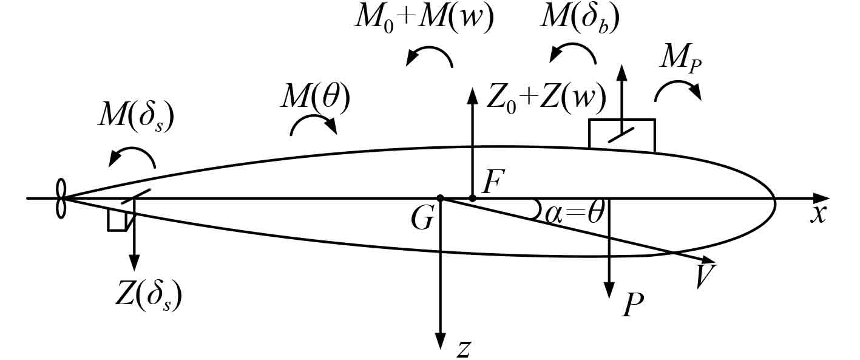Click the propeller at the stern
coord(60,198)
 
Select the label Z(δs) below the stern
coord(149,296)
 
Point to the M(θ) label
coord(314,97)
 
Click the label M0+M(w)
coord(424,19)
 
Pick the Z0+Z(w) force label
coord(546,97)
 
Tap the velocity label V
coord(705,276)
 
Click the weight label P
coord(632,305)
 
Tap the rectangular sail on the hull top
coord(621,135)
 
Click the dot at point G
coord(441,199)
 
